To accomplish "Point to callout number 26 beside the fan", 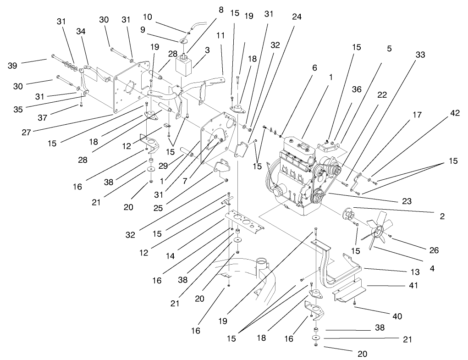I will (x=433, y=250).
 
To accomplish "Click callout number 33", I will (x=420, y=54).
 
